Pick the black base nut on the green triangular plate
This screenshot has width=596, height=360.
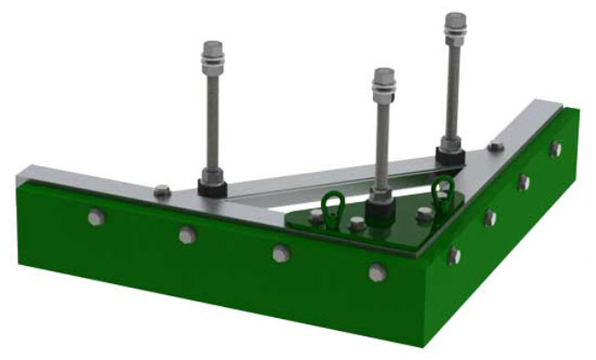coord(379,212)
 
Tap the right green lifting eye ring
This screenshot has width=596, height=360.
coord(443,191)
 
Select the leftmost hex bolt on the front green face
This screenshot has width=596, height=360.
coord(94,217)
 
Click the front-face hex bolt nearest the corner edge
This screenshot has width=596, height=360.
coord(378,271)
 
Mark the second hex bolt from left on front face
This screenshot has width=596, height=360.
coord(186,235)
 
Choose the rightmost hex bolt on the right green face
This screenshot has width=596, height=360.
coord(554,149)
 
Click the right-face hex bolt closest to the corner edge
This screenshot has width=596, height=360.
coord(453,255)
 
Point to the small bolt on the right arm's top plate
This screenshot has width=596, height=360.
coord(495,146)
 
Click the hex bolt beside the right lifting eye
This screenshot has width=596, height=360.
coord(424,215)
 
